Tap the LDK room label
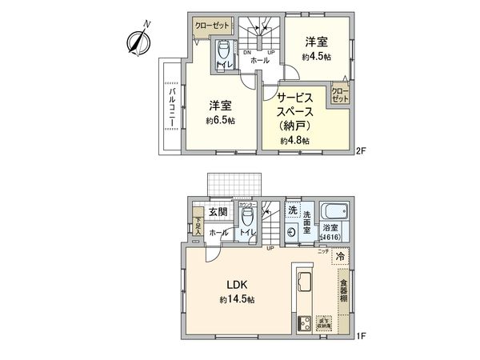237,283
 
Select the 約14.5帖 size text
237,299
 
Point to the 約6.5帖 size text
222,121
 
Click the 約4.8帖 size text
294,141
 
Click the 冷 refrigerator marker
341,258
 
